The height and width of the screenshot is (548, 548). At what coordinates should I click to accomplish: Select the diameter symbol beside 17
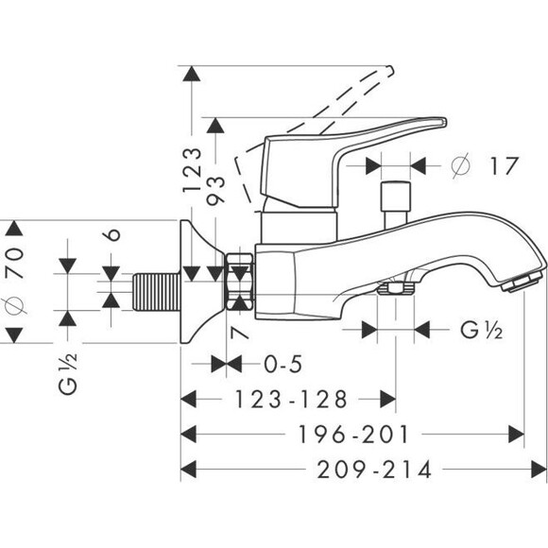pyautogui.click(x=460, y=165)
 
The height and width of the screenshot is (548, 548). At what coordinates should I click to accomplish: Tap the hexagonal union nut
pyautogui.click(x=240, y=281)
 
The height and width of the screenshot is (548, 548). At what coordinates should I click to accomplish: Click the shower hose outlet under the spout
pyautogui.click(x=388, y=288)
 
